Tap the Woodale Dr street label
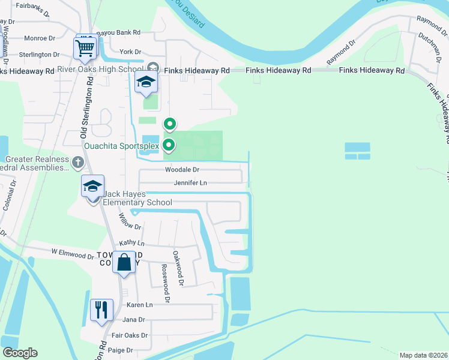coord(182,170)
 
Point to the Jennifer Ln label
coord(190,182)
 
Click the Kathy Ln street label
coord(132,243)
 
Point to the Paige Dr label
coord(121,350)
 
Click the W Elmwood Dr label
coord(73,253)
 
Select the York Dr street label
coord(130,52)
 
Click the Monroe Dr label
coord(40,38)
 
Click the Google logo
coord(20,353)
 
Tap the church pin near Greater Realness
coord(77,163)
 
